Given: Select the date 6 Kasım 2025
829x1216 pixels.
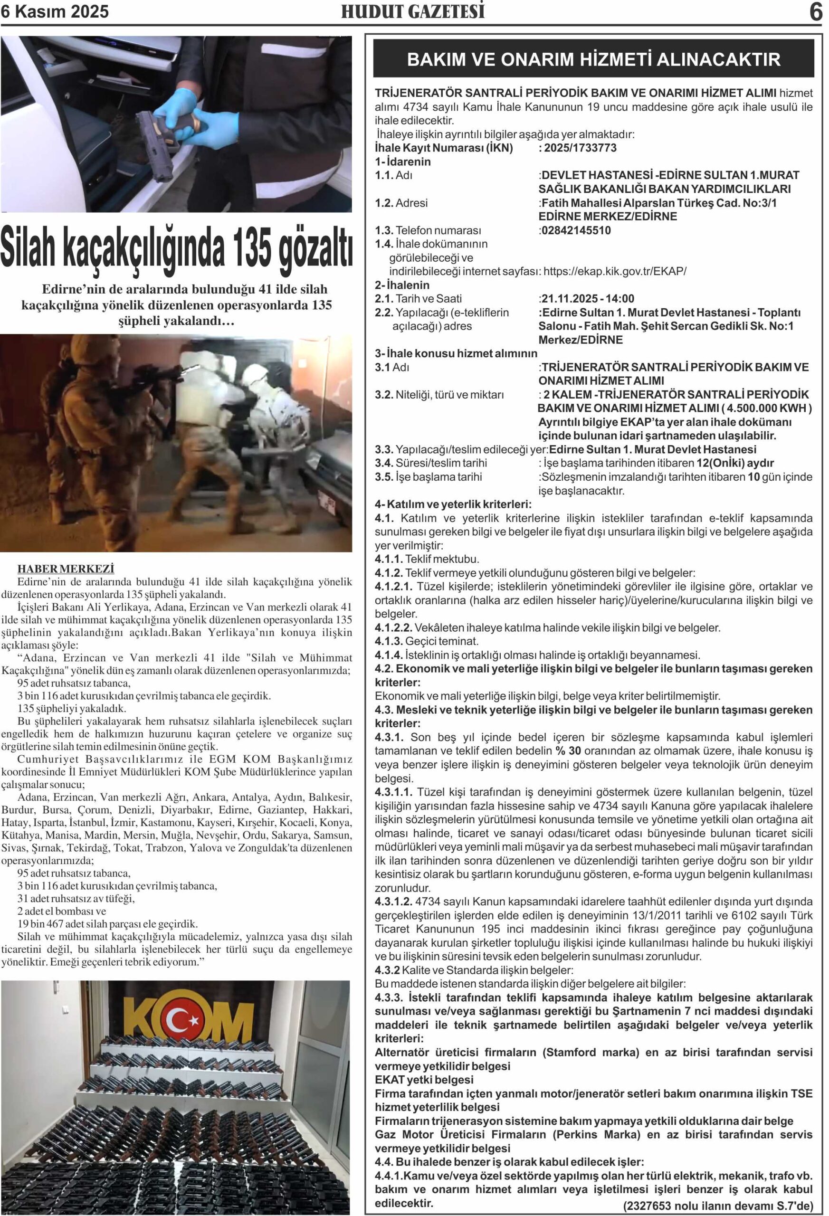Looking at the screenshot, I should pyautogui.click(x=55, y=11).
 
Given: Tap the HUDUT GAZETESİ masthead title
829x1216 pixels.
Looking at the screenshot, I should pyautogui.click(x=413, y=11).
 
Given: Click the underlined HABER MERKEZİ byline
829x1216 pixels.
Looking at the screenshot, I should pyautogui.click(x=66, y=569).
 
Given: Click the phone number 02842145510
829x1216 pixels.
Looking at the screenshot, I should pyautogui.click(x=576, y=230).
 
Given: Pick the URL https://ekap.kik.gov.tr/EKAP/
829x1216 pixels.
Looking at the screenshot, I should pyautogui.click(x=615, y=272).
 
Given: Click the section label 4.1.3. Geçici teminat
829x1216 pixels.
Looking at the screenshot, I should pyautogui.click(x=427, y=641).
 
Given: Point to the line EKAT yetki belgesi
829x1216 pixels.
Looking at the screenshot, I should pyautogui.click(x=424, y=1079).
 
